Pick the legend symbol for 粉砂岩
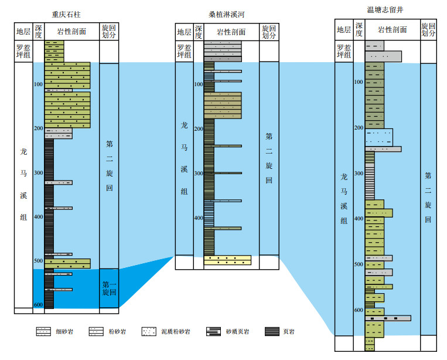[97, 332]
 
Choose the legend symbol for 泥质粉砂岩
[149, 332]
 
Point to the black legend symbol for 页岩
[272, 332]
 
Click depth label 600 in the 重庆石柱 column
[39, 305]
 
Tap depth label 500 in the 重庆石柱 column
[39, 261]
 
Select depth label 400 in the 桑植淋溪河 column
[198, 218]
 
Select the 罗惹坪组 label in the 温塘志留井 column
[343, 50]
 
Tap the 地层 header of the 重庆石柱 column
[23, 31]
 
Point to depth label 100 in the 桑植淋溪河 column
[198, 84]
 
